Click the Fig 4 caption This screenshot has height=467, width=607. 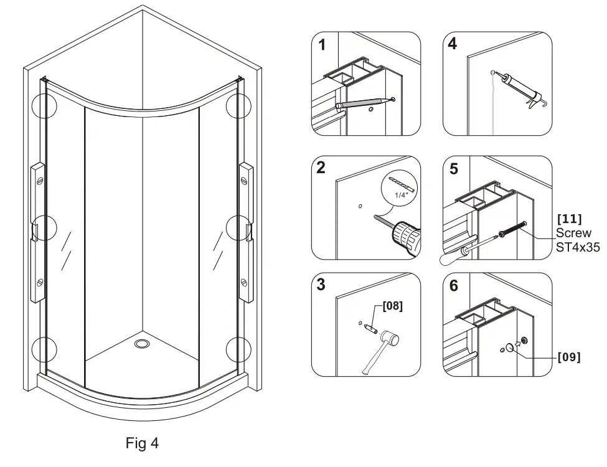pyautogui.click(x=142, y=443)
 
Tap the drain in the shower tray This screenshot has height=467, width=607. pyautogui.click(x=142, y=342)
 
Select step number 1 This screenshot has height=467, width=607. pyautogui.click(x=322, y=45)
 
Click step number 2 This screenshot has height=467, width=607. pyautogui.click(x=321, y=167)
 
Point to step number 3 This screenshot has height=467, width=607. pyautogui.click(x=322, y=285)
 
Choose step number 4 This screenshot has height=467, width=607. pyautogui.click(x=453, y=45)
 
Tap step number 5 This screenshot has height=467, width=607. pyautogui.click(x=453, y=168)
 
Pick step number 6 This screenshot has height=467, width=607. pyautogui.click(x=453, y=285)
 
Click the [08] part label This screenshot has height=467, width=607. pyautogui.click(x=392, y=306)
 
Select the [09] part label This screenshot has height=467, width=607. pyautogui.click(x=568, y=357)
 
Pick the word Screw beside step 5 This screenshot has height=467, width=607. pyautogui.click(x=573, y=233)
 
